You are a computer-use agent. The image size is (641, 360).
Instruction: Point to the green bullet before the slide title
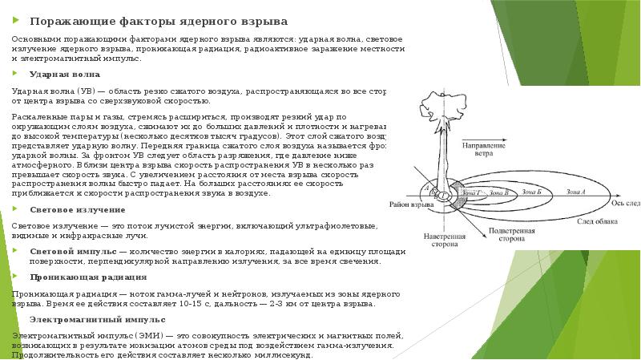(x=17, y=19)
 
